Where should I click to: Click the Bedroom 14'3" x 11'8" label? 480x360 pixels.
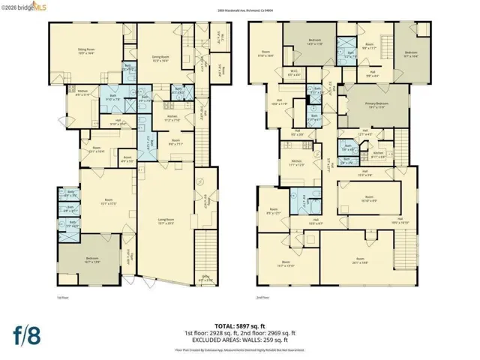tap(313, 44)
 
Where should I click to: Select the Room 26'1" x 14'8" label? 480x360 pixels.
tap(364, 261)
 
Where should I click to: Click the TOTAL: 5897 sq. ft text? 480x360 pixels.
tap(239, 323)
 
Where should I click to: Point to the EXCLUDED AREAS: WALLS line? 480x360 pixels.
tap(239, 340)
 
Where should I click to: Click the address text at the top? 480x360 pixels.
tap(239, 10)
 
